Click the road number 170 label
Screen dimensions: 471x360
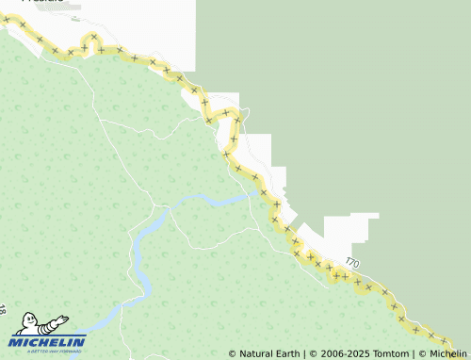pos(351,262)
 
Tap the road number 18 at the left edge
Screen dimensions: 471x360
pos(3,309)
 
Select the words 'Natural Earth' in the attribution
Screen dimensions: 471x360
pos(269,354)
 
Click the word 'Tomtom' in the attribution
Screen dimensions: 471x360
pos(391,354)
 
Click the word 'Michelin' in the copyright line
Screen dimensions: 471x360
pos(448,354)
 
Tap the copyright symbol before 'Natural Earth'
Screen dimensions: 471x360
pos(233,354)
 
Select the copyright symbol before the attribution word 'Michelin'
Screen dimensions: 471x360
pos(422,354)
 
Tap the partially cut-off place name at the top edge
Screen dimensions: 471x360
pos(42,2)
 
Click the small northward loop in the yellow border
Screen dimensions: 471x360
pos(92,39)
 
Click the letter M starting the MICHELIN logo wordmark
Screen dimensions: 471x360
pos(17,342)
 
